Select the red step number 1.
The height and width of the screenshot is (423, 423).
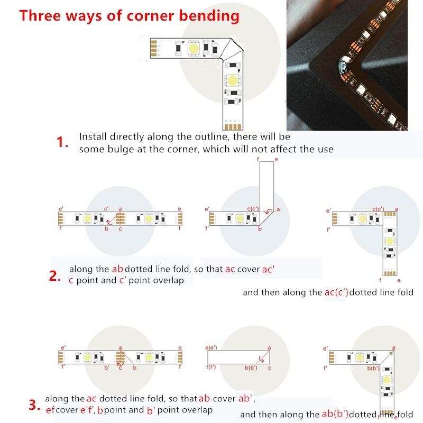click(x=62, y=142)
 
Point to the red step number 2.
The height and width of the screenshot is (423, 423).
click(x=56, y=275)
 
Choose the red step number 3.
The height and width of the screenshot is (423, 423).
click(x=34, y=406)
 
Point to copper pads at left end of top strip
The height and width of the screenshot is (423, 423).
click(x=153, y=48)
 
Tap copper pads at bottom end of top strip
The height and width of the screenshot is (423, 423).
click(x=231, y=126)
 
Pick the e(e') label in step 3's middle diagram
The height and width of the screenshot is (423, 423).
click(x=210, y=348)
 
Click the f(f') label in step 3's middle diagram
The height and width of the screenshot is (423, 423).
click(x=210, y=366)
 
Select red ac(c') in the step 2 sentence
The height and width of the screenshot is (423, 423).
click(x=336, y=292)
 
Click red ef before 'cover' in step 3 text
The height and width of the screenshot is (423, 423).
click(x=50, y=410)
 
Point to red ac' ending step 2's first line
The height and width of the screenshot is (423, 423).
click(x=268, y=269)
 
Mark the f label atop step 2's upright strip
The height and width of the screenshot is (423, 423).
click(x=258, y=159)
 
